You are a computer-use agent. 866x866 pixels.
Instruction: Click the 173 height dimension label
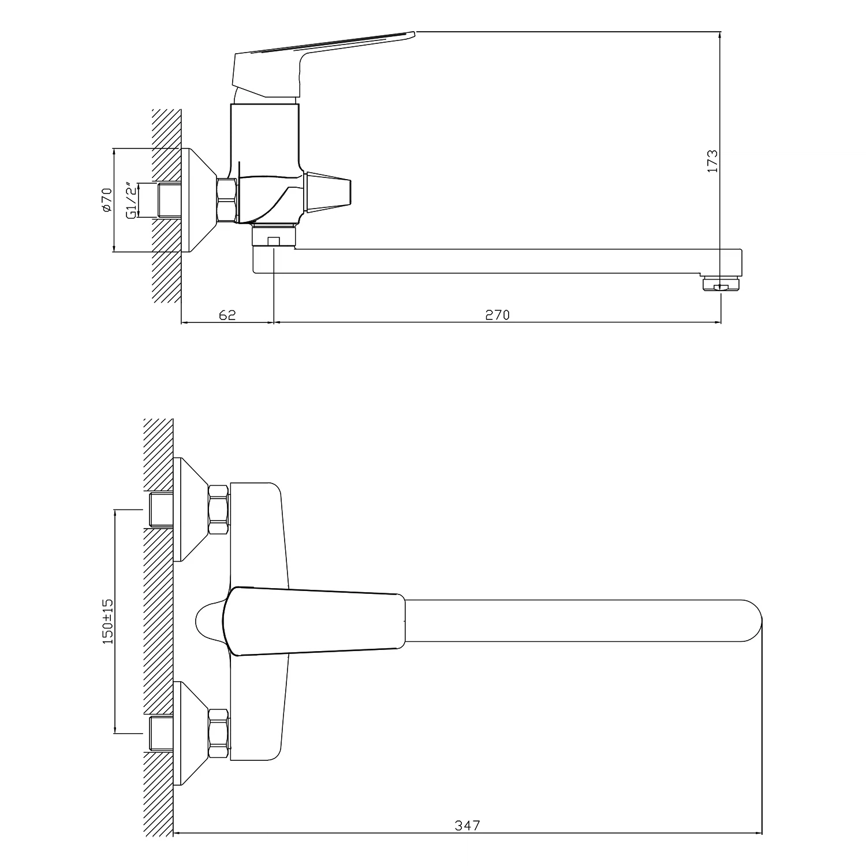712,161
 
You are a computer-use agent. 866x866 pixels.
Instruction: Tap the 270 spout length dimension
497,315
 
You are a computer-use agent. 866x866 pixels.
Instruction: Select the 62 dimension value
227,315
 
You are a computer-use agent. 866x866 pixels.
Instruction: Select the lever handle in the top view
316,621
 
